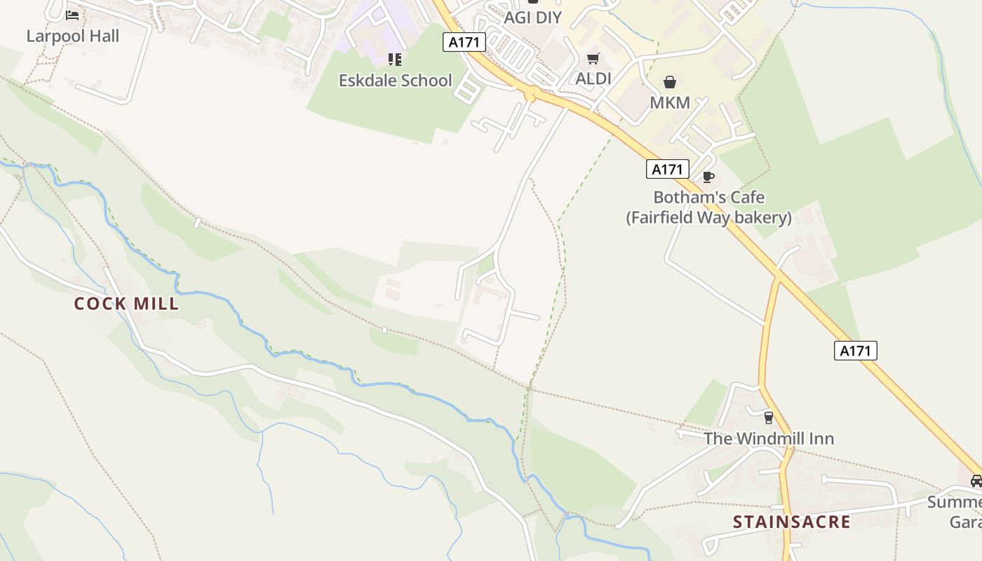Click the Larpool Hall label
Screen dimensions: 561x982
coord(73,36)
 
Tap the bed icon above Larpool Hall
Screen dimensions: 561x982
coord(72,15)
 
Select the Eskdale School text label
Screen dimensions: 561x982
coord(396,81)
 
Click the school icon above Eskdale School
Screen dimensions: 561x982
coord(395,60)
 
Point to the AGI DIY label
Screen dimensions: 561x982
coord(533,18)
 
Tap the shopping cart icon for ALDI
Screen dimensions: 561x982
coord(593,58)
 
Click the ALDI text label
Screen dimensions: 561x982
coord(593,79)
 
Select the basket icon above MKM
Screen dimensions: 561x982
coord(670,82)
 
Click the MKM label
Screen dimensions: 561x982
coord(670,103)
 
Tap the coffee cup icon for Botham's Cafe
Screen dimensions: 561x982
coord(708,177)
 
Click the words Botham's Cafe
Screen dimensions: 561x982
coord(708,197)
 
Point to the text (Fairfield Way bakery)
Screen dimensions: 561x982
coord(708,217)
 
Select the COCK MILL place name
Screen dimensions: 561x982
coord(127,304)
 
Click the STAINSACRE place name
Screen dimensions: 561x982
coord(792,522)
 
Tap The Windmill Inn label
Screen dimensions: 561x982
coord(769,439)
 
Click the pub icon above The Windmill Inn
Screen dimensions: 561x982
coord(769,418)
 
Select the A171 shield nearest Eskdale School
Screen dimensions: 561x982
coord(464,42)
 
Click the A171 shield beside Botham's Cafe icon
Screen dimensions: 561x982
coord(667,169)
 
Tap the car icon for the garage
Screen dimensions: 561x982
coord(976,481)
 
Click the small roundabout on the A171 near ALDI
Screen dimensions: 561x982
coord(530,93)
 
